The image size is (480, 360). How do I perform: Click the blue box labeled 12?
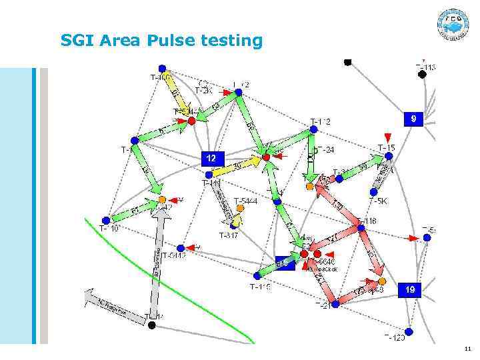pyautogui.click(x=211, y=159)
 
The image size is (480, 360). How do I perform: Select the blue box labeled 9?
pyautogui.click(x=413, y=119)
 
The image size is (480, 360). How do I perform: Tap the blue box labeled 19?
pyautogui.click(x=411, y=289)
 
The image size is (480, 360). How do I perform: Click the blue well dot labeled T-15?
pyautogui.click(x=388, y=157)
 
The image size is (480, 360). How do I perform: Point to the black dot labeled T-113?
pyautogui.click(x=421, y=75)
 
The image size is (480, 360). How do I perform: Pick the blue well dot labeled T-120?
pyautogui.click(x=409, y=331)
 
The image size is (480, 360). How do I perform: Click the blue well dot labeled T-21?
pyautogui.click(x=335, y=303)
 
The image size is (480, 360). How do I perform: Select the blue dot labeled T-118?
pyautogui.click(x=361, y=228)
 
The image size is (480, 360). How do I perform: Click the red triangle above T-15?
pyautogui.click(x=388, y=137)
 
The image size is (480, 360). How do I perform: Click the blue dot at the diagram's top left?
pyautogui.click(x=161, y=68)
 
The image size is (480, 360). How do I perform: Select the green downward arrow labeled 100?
pyautogui.click(x=311, y=155)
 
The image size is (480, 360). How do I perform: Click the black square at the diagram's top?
pyautogui.click(x=347, y=62)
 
